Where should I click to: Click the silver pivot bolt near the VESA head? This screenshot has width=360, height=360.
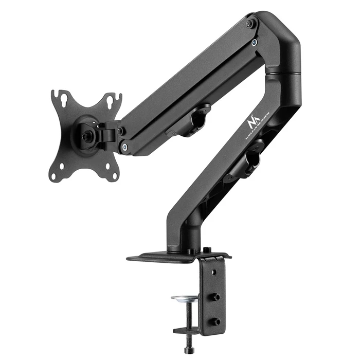pos(125,148)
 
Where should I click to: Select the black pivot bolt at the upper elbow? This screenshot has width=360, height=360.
pos(250,24)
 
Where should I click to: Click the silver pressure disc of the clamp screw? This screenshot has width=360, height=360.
pos(184,299)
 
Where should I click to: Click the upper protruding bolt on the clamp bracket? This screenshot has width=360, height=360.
pos(216,297)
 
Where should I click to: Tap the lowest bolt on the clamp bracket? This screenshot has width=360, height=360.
pos(216,321)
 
